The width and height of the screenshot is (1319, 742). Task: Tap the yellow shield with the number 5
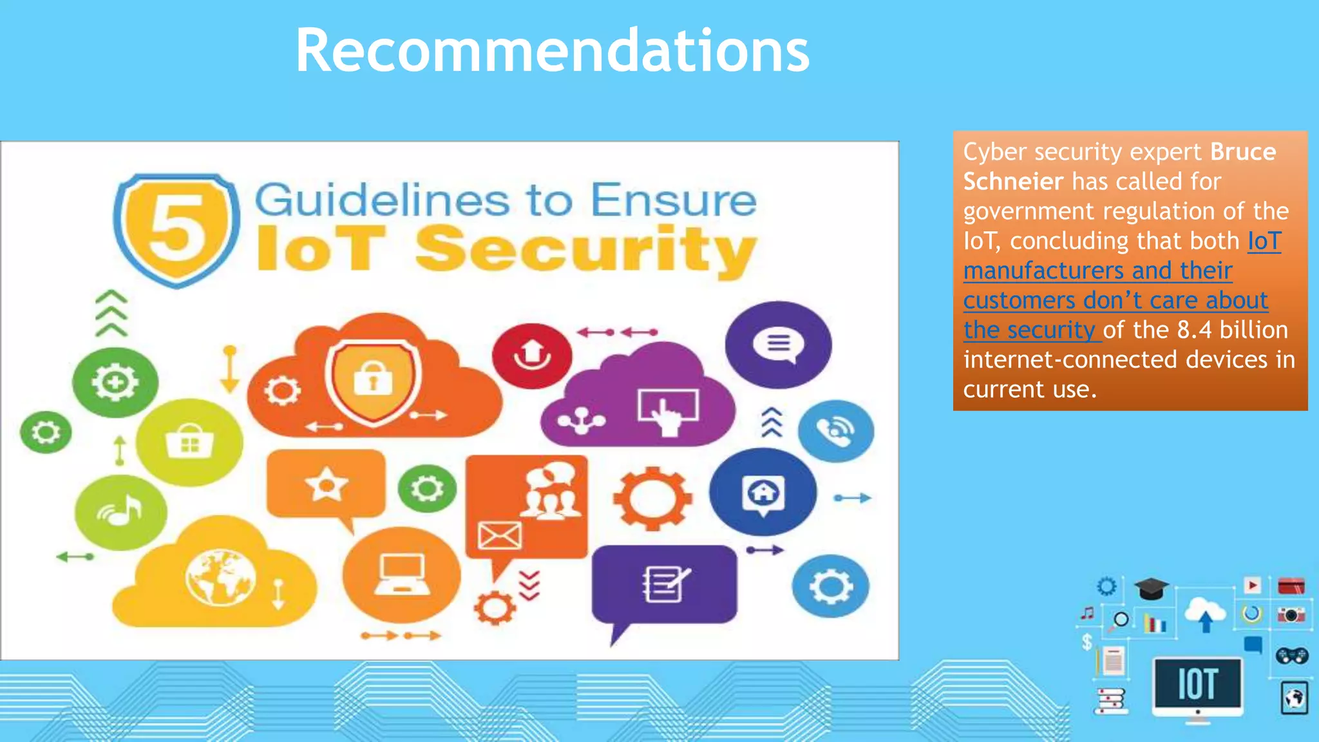[176, 229]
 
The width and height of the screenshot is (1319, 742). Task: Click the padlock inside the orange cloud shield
[373, 378]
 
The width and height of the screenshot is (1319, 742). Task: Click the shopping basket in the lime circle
[189, 442]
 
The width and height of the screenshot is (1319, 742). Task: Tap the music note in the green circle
[121, 511]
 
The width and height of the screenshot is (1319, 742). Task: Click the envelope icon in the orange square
[499, 535]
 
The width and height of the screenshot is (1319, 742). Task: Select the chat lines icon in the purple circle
[778, 343]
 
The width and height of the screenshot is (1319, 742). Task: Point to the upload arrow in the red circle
[532, 355]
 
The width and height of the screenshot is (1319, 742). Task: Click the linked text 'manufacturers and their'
[1097, 271]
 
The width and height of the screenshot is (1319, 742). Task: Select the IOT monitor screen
[1197, 683]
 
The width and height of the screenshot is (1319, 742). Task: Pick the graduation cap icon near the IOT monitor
[1151, 588]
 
